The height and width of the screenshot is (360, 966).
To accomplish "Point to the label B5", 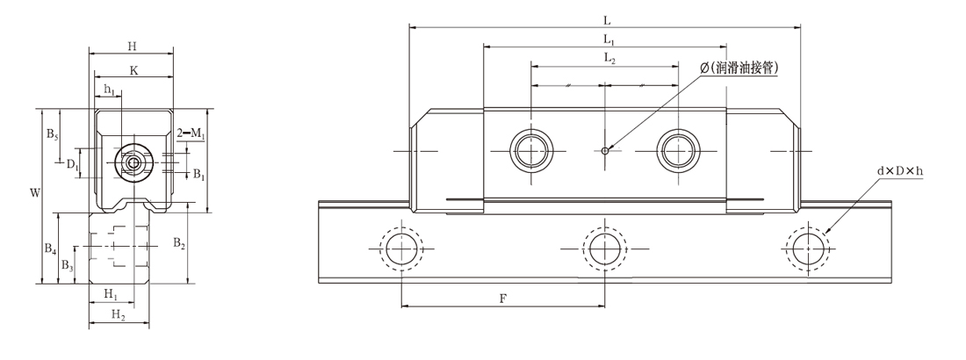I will pyautogui.click(x=52, y=134).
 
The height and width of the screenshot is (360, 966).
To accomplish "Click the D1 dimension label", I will pyautogui.click(x=72, y=163).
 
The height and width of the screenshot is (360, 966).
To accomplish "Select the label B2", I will pyautogui.click(x=178, y=241).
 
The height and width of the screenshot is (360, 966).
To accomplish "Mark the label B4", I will pyautogui.click(x=52, y=248).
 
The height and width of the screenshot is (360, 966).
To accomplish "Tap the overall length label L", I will pyautogui.click(x=606, y=18).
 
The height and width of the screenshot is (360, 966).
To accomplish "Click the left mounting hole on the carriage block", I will pyautogui.click(x=531, y=149).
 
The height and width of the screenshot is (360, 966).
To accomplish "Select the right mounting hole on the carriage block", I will pyautogui.click(x=678, y=149).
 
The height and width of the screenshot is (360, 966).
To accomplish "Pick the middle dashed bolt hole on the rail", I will pyautogui.click(x=603, y=249).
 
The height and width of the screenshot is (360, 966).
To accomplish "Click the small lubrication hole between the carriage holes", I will pyautogui.click(x=606, y=150).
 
